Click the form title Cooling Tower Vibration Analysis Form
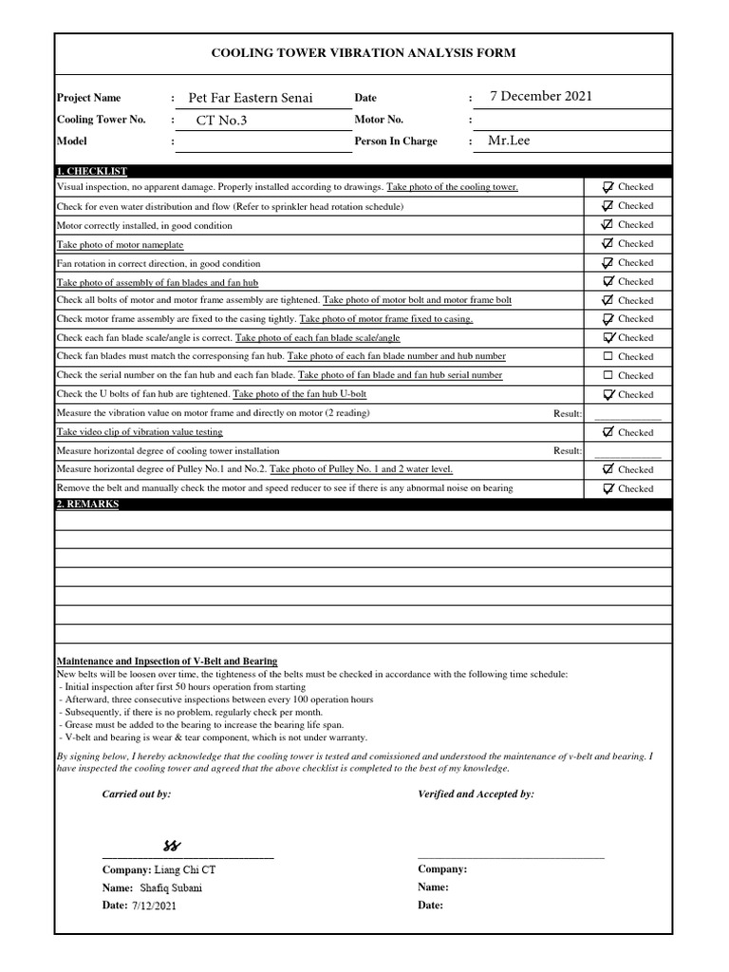coord(364,53)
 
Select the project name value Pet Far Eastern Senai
coord(251,98)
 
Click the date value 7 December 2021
coord(540,96)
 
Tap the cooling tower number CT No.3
coord(221,121)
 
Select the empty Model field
coord(263,141)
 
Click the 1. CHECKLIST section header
coord(92,171)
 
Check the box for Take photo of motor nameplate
coord(608,244)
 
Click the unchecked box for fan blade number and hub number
coord(608,357)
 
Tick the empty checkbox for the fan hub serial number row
coord(608,376)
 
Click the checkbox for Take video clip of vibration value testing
coord(608,432)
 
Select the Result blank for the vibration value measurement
coord(626,414)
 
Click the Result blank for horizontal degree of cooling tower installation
coord(626,451)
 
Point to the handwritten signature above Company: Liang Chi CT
coord(172,846)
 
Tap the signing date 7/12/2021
coord(155,906)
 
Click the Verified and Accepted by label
coord(476,794)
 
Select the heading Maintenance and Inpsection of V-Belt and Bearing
coord(167,662)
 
